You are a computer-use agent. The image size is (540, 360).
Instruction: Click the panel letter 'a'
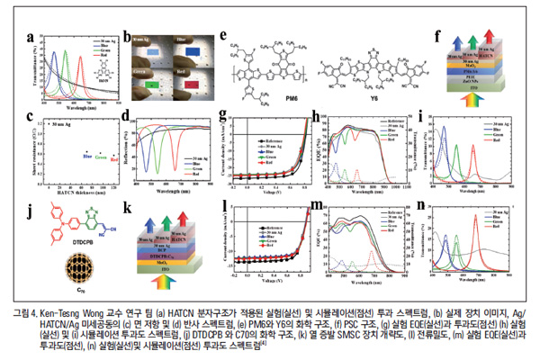(x=31, y=38)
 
